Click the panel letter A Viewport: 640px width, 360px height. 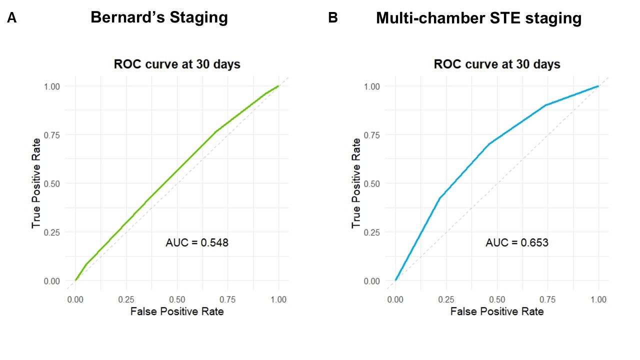click(x=11, y=18)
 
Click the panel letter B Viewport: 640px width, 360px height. click(x=332, y=18)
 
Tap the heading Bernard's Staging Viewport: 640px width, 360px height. click(x=159, y=18)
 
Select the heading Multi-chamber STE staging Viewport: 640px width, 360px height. click(x=478, y=18)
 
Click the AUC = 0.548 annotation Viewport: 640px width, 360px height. click(x=197, y=243)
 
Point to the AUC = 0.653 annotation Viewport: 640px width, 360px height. click(x=517, y=243)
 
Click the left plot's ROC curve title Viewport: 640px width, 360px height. click(x=177, y=64)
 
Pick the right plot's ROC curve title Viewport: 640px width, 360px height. click(x=497, y=64)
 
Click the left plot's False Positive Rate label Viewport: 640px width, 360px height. click(x=177, y=311)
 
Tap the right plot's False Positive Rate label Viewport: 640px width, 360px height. click(x=497, y=311)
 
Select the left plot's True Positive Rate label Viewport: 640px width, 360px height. click(x=36, y=183)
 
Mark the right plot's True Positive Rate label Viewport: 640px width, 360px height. click(x=356, y=183)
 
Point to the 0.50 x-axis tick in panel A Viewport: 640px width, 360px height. click(x=177, y=299)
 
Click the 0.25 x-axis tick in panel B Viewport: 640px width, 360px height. click(x=446, y=299)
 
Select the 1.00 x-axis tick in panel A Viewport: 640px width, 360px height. click(x=278, y=299)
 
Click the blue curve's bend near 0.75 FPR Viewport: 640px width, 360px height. click(x=545, y=105)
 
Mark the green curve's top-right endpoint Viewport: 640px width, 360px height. click(x=278, y=86)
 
